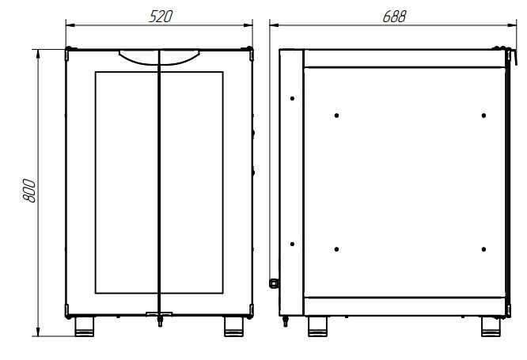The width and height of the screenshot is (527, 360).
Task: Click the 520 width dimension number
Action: [x=161, y=17]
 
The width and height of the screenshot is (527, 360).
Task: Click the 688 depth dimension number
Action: [x=394, y=17]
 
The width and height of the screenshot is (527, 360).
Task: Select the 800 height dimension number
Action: [x=29, y=191]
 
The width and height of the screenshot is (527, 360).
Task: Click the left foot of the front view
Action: [x=85, y=327]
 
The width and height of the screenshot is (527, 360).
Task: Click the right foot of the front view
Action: [x=233, y=327]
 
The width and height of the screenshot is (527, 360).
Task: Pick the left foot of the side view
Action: [x=317, y=327]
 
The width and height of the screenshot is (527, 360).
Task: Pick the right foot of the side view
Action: [x=491, y=327]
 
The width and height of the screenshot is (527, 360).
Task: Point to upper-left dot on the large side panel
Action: [x=336, y=116]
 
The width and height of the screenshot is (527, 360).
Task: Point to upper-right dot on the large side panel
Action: [x=483, y=116]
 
